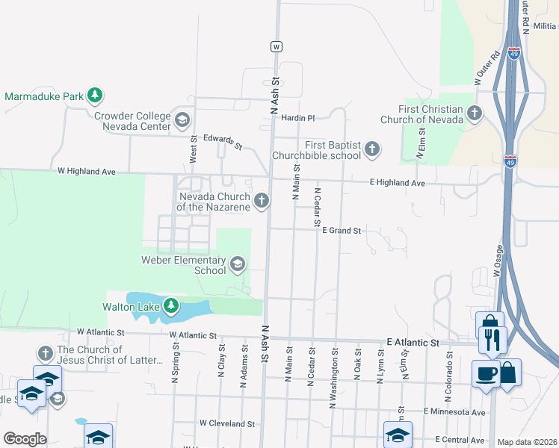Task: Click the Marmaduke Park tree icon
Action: (94, 96)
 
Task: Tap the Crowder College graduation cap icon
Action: (182, 119)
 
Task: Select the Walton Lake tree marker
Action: (171, 306)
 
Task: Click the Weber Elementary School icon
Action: (238, 264)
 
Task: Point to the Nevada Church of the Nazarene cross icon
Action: (261, 200)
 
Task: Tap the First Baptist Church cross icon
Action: (371, 150)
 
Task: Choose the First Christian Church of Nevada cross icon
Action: (474, 113)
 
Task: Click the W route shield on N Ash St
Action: (277, 46)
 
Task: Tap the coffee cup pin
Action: (485, 372)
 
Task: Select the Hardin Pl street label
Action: (299, 118)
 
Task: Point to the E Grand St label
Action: (342, 231)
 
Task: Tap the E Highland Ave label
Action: (398, 183)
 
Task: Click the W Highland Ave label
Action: (87, 172)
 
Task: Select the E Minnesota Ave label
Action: (454, 411)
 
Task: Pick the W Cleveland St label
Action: (227, 423)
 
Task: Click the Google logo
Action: (25, 439)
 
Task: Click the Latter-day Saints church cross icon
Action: (45, 352)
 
